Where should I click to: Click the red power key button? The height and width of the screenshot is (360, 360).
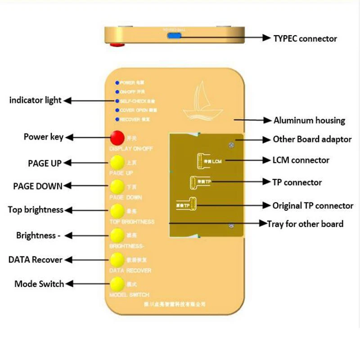pos(117,137)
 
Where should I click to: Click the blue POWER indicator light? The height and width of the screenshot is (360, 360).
pos(117,83)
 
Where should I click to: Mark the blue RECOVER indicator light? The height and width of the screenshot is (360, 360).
pos(117,119)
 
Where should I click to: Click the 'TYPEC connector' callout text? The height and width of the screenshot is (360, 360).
pos(305,39)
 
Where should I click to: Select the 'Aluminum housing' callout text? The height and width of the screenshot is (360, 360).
pos(309,121)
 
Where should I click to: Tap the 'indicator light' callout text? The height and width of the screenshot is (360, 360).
pos(35,100)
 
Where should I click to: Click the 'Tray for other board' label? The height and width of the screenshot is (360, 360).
pos(305,224)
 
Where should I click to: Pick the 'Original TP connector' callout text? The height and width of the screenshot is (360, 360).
pos(313,206)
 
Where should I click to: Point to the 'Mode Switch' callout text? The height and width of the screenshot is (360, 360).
pos(39,284)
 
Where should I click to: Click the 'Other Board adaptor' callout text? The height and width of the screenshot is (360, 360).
pos(312,139)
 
